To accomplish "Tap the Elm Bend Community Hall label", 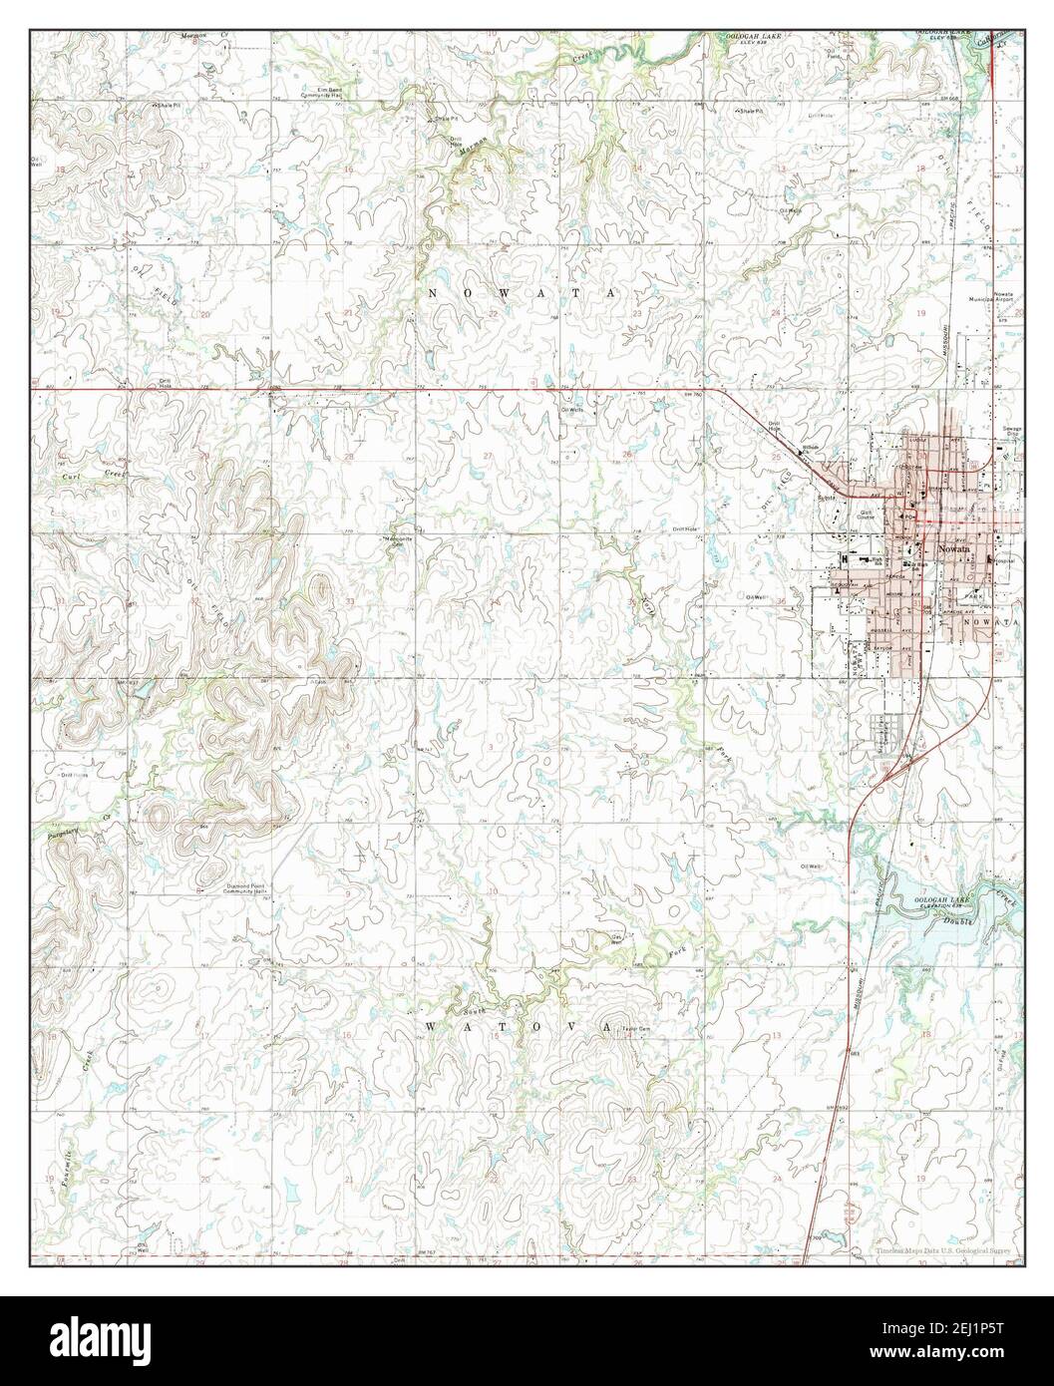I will [327, 93].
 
